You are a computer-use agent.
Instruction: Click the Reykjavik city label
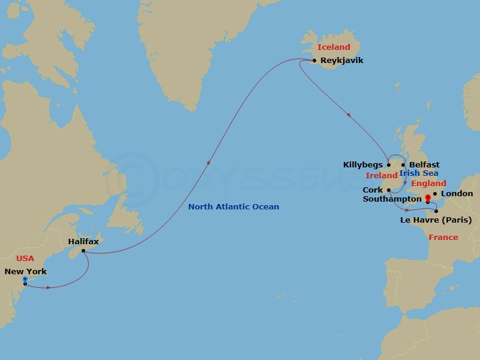click(x=342, y=61)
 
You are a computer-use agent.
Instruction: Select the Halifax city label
click(x=83, y=241)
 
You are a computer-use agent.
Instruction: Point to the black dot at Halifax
click(x=83, y=250)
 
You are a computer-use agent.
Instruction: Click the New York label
click(x=25, y=272)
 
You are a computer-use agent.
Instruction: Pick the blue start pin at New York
click(x=25, y=280)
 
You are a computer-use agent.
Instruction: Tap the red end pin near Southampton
click(x=427, y=198)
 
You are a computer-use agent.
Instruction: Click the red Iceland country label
click(x=334, y=47)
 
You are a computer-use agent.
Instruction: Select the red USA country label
click(x=25, y=258)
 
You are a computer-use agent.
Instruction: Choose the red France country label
click(x=443, y=238)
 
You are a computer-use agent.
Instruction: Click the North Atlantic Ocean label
click(x=233, y=207)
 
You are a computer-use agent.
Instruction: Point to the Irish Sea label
click(x=419, y=173)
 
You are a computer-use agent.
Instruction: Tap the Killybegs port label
click(x=362, y=165)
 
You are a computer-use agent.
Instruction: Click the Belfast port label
click(x=424, y=165)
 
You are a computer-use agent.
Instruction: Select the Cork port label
click(x=373, y=190)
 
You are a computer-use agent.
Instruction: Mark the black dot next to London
click(x=434, y=194)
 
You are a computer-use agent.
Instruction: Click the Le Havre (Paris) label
click(x=436, y=220)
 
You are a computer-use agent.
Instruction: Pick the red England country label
click(x=428, y=183)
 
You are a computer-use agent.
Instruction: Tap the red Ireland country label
click(x=382, y=176)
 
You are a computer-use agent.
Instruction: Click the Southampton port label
click(x=392, y=199)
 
